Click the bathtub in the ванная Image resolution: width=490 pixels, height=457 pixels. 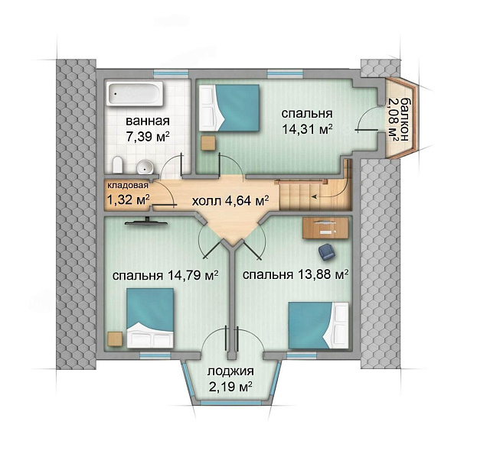point(135,93)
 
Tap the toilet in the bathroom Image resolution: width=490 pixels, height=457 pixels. point(117,165)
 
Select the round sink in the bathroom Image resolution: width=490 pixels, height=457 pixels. point(145,167)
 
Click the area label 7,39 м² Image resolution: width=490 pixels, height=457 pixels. point(148,137)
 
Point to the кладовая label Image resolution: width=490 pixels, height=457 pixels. point(128,185)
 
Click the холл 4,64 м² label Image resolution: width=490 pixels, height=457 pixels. point(230,200)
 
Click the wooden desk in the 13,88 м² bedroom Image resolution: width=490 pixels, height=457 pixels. point(325,228)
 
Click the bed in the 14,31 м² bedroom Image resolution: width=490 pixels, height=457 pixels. point(230,108)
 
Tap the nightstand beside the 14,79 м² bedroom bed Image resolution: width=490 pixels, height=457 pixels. point(115,339)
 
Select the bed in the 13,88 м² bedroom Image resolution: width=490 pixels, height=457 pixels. point(318,325)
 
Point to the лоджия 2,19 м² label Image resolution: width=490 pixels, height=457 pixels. point(230,379)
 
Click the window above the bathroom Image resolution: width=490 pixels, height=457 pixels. point(171,73)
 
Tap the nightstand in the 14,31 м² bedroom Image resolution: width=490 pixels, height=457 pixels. point(208,143)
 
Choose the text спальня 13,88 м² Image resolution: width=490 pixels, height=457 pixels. point(296,274)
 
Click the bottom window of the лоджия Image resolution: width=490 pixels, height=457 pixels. point(230,403)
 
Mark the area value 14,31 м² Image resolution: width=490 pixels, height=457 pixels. point(307,128)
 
